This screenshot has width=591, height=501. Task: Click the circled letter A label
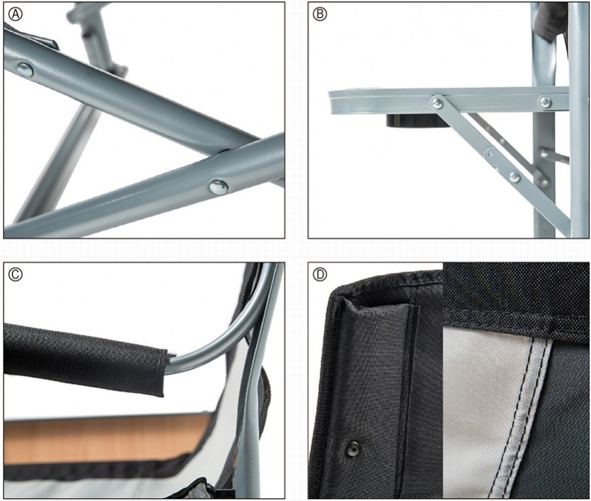point(16,14)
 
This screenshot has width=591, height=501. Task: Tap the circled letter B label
point(320,14)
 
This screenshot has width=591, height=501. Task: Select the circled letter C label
point(16,274)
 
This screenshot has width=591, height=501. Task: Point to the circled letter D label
point(320,274)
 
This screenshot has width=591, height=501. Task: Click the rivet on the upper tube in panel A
point(25,70)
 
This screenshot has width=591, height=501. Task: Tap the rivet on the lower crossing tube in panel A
point(219,187)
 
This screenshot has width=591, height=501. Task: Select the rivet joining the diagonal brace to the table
point(437,102)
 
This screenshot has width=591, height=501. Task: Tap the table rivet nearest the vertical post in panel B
point(545,102)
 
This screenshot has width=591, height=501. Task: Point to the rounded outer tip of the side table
point(332,102)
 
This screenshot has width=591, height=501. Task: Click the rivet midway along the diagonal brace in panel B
point(490,155)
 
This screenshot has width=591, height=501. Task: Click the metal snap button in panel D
point(353,449)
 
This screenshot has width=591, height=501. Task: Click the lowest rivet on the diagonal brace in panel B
point(514,177)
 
